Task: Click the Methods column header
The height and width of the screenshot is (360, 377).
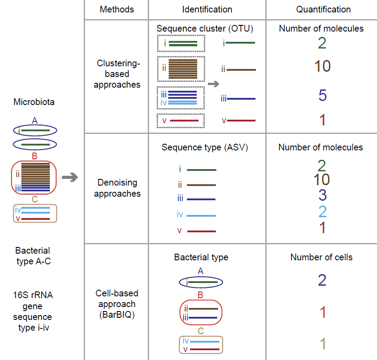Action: [117, 9]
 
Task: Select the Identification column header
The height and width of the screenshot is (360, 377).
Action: [207, 9]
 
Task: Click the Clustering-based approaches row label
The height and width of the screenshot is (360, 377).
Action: [117, 74]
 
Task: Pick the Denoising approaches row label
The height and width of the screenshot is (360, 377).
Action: [117, 188]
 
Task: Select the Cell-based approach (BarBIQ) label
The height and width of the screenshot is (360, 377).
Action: [117, 304]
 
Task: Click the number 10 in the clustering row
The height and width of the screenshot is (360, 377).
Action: [322, 66]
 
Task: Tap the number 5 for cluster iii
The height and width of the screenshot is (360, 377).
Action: [323, 96]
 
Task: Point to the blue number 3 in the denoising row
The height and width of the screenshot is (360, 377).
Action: [323, 195]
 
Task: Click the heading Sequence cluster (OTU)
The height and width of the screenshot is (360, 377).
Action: [205, 29]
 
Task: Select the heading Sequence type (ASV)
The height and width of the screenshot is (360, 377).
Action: [205, 147]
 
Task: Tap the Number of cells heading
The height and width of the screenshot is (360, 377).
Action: [321, 257]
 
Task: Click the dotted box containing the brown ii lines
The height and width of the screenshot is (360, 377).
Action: [181, 69]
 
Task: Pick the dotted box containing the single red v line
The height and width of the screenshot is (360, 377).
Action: [181, 121]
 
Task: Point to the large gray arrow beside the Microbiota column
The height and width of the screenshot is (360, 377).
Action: [70, 178]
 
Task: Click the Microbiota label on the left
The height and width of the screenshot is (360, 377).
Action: [34, 102]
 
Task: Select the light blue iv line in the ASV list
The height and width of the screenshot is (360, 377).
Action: [201, 215]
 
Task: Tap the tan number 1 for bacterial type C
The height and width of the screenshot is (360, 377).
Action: [323, 344]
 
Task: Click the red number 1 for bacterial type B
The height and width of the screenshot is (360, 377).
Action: [323, 312]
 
